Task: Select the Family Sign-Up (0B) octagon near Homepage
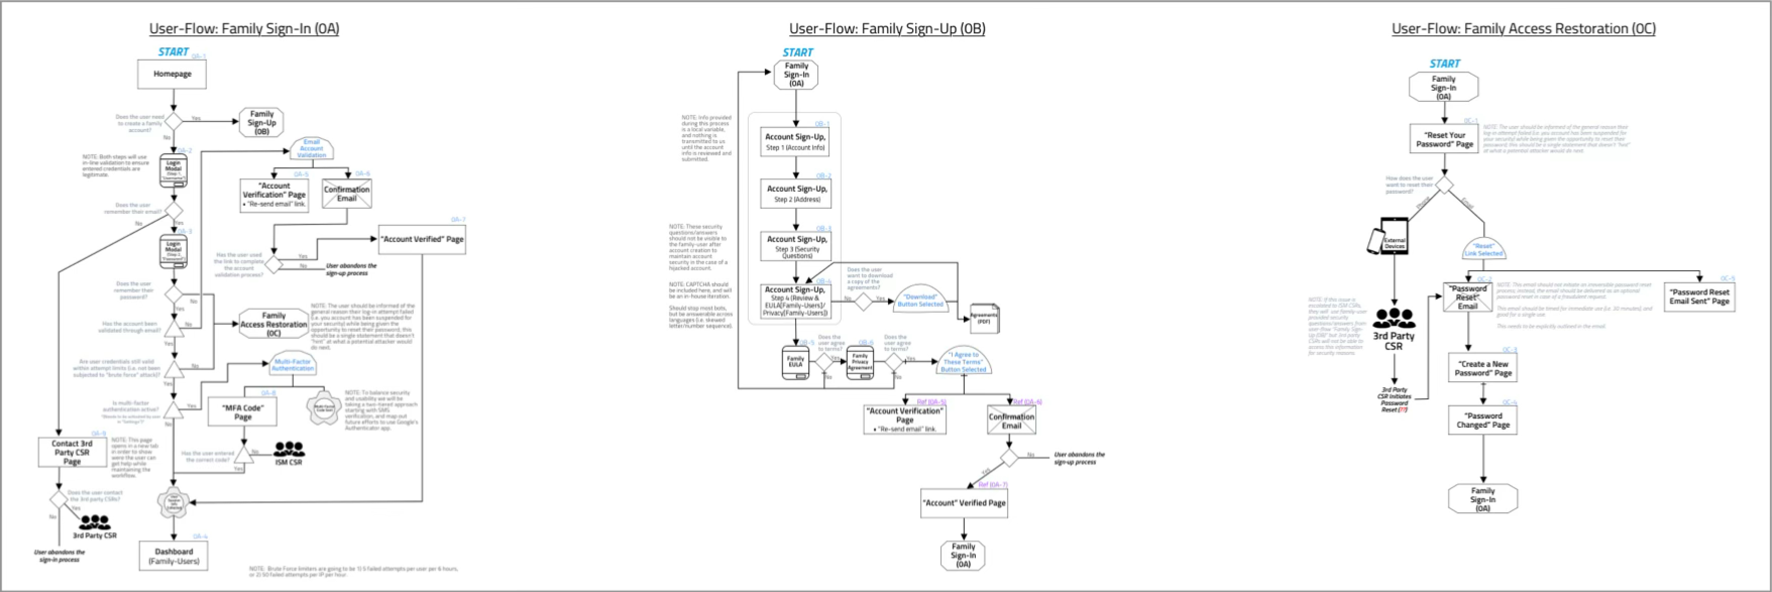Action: (x=261, y=122)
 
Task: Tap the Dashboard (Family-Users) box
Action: (x=173, y=556)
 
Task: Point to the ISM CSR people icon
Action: (x=289, y=450)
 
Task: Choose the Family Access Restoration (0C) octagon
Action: (x=274, y=324)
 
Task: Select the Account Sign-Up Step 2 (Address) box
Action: (x=796, y=193)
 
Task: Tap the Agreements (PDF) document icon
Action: (x=984, y=318)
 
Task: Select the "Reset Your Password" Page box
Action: (x=1444, y=140)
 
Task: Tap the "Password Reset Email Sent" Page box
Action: (x=1699, y=297)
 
